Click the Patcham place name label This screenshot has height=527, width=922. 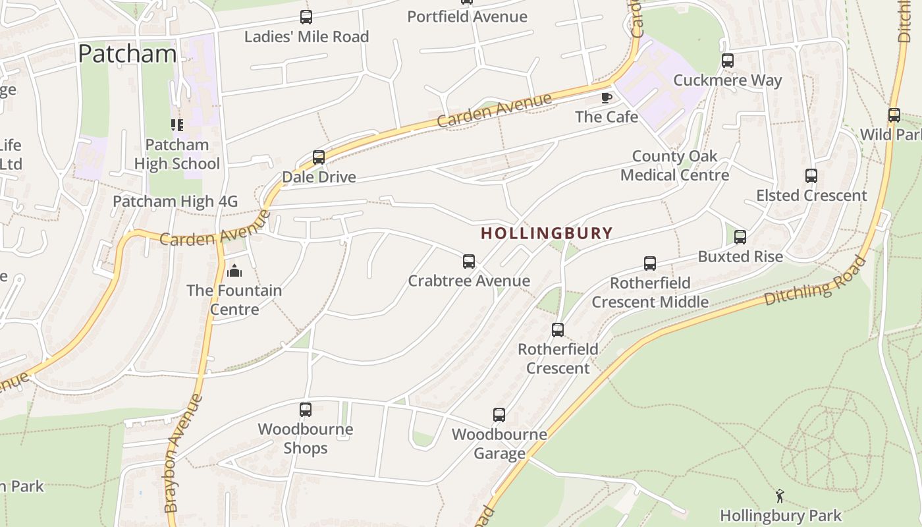point(127,53)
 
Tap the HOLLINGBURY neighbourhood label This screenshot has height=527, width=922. point(547,233)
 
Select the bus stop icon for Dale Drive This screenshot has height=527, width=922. point(319,157)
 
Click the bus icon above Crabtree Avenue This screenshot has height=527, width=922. point(469,262)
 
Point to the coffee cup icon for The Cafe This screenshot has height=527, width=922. point(607,98)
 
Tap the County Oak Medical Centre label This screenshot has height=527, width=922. point(674,166)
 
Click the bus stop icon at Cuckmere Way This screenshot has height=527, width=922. point(728,61)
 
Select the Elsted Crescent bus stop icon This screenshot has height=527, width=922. point(811,176)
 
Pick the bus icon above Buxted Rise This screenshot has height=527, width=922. point(740,237)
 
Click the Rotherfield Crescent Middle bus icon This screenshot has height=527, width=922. point(650,263)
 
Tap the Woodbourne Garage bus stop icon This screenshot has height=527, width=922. point(499,415)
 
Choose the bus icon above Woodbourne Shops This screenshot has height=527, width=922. point(306,410)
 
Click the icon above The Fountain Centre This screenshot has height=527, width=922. point(234,270)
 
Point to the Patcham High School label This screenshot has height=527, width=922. point(177,154)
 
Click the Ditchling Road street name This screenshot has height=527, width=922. point(816,281)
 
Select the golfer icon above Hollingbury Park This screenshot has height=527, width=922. point(780,496)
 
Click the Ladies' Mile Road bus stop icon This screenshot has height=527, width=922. point(306,17)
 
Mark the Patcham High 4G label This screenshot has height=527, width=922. point(175,202)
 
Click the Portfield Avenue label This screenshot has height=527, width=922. point(467,16)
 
